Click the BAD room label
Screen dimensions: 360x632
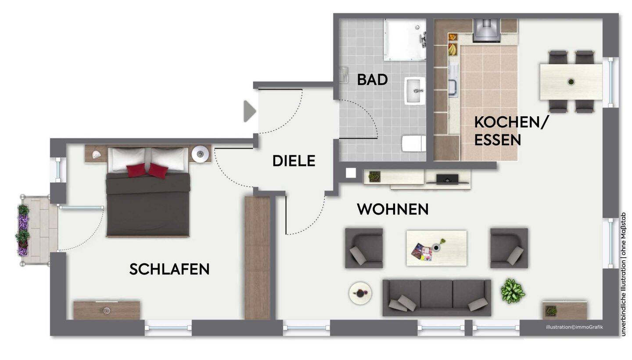pyautogui.click(x=372, y=79)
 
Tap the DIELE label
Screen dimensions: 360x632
pyautogui.click(x=294, y=161)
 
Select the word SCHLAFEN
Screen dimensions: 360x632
pyautogui.click(x=169, y=269)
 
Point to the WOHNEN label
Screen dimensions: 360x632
pyautogui.click(x=392, y=209)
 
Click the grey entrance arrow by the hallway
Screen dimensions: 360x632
pyautogui.click(x=249, y=111)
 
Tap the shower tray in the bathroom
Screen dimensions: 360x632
pyautogui.click(x=405, y=40)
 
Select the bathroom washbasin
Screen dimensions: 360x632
pyautogui.click(x=415, y=91)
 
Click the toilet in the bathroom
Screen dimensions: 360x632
pyautogui.click(x=413, y=143)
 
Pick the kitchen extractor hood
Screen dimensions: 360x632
pyautogui.click(x=486, y=30)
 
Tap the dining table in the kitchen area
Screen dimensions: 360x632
pyautogui.click(x=571, y=82)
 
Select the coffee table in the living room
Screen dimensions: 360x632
pyautogui.click(x=436, y=248)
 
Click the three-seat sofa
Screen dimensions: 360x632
pyautogui.click(x=436, y=297)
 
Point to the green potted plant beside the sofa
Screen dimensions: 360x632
pyautogui.click(x=512, y=291)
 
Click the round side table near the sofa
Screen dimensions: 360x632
pyautogui.click(x=360, y=293)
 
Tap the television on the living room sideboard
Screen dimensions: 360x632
pyautogui.click(x=448, y=179)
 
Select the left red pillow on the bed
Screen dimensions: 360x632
pyautogui.click(x=136, y=170)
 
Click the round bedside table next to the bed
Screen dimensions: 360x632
pyautogui.click(x=201, y=154)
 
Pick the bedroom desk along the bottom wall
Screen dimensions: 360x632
pyautogui.click(x=106, y=310)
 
